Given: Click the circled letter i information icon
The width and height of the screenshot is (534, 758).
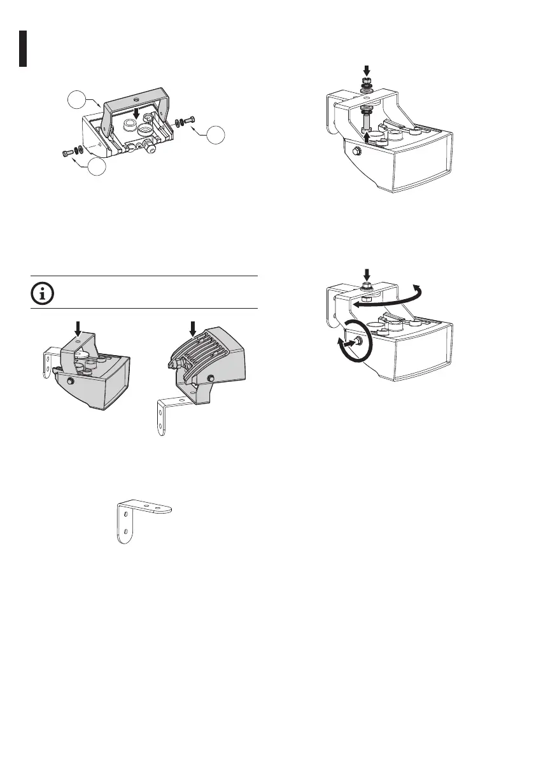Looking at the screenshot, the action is [43, 293].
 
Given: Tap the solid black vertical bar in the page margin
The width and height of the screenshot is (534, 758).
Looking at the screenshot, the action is [22, 48].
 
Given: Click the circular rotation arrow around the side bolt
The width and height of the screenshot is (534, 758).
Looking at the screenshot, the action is [350, 342].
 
